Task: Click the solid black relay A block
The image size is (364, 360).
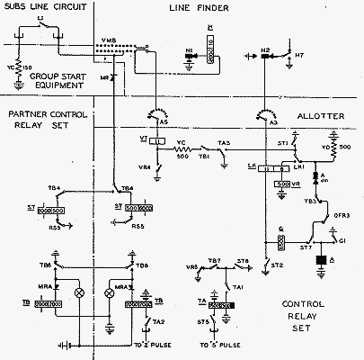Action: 321,262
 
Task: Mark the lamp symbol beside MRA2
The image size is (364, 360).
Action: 77,292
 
